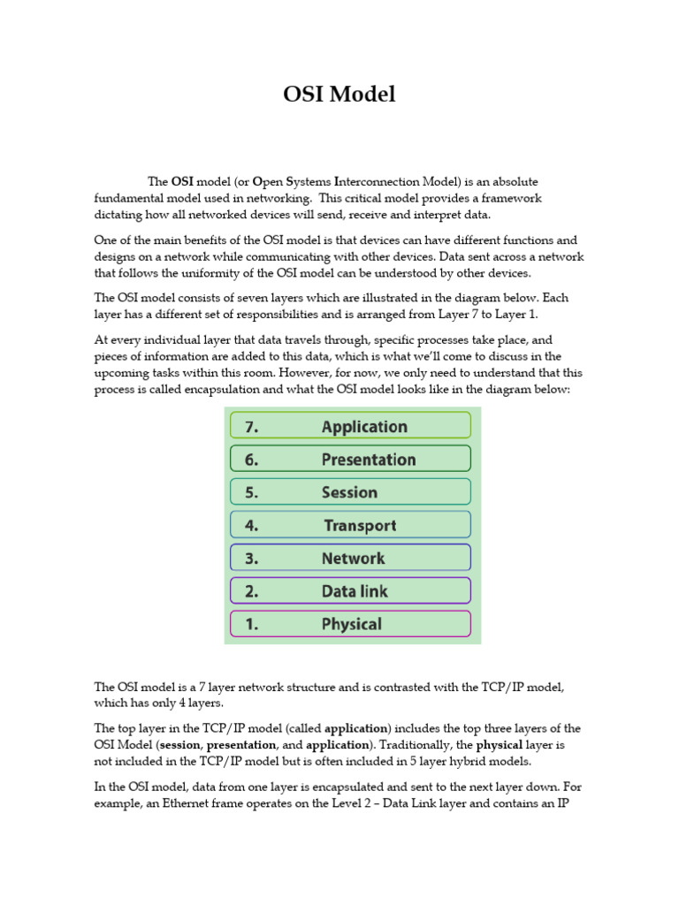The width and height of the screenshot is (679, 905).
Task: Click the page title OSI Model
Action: tap(339, 95)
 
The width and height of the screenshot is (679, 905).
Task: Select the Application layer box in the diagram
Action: tap(350, 426)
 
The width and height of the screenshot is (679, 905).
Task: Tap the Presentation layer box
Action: tap(350, 459)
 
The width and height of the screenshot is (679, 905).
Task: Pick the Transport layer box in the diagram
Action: tap(350, 525)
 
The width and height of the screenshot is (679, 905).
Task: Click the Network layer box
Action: tap(350, 558)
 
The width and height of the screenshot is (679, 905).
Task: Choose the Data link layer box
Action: tap(350, 590)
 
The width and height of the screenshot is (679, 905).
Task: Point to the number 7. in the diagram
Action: tap(252, 427)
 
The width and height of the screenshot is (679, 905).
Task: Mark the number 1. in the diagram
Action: tap(251, 624)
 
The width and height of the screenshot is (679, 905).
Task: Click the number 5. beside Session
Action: tap(252, 492)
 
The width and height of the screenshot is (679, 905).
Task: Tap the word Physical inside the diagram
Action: tap(351, 624)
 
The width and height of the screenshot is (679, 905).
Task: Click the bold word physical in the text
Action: tap(506, 745)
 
